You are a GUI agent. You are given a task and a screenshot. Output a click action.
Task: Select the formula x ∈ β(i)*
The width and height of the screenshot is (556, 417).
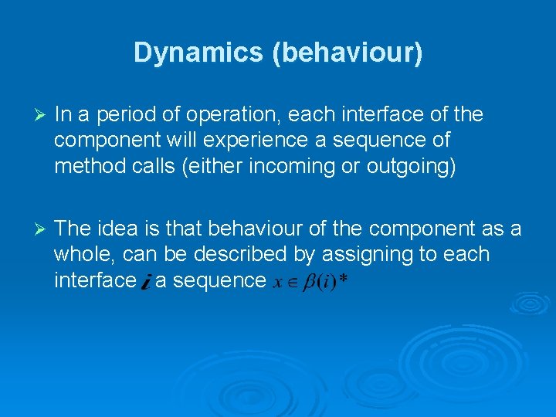pyautogui.click(x=309, y=282)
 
